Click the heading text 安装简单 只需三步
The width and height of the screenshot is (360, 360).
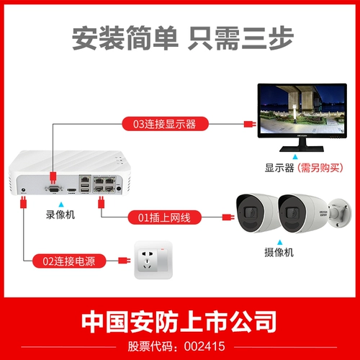(x=179, y=40)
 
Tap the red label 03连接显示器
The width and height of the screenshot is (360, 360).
(x=165, y=123)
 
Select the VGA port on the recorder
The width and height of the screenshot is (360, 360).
(x=53, y=189)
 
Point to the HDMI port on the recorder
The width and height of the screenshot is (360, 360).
(x=72, y=190)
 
